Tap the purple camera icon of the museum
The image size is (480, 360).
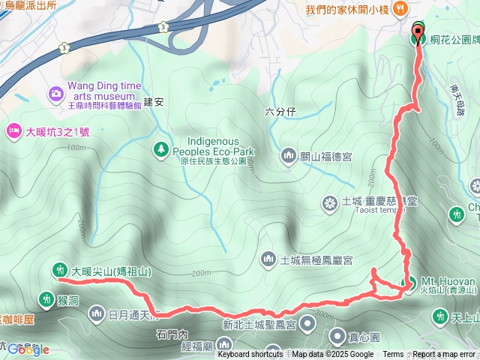pyautogui.click(x=55, y=94)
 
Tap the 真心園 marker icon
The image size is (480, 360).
pyautogui.click(x=337, y=335)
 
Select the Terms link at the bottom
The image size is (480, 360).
pyautogui.click(x=393, y=355)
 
